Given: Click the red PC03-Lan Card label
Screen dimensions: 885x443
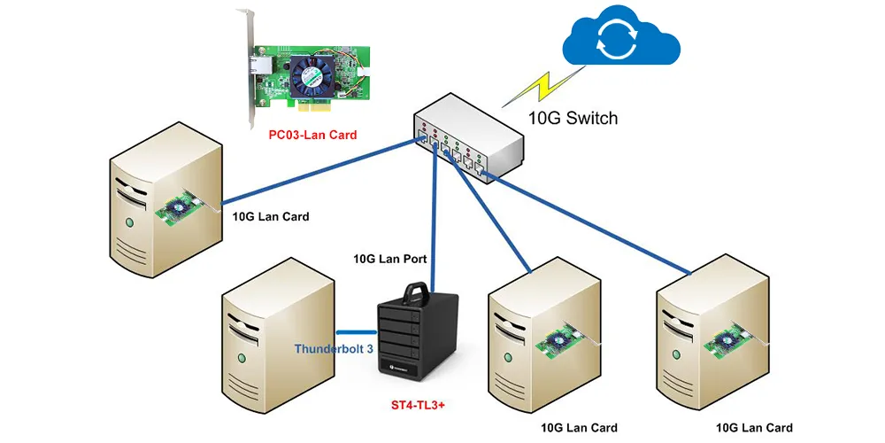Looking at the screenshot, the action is pyautogui.click(x=312, y=135).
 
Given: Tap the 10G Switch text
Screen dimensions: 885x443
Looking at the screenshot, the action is pyautogui.click(x=573, y=118).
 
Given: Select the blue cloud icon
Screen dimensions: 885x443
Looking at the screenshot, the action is pyautogui.click(x=621, y=37).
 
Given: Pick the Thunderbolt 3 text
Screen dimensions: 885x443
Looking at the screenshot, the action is pyautogui.click(x=334, y=348).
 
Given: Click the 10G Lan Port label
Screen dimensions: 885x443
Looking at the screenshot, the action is pyautogui.click(x=390, y=260).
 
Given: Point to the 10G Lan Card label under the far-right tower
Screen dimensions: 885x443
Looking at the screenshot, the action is pyautogui.click(x=754, y=428).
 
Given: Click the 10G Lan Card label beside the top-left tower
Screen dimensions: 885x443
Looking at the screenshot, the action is pyautogui.click(x=271, y=216).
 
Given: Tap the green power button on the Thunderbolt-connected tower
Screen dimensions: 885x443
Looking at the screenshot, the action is pyautogui.click(x=242, y=358).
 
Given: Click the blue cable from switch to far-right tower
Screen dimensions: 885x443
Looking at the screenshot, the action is pyautogui.click(x=587, y=224).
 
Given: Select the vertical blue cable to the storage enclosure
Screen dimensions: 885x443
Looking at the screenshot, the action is pyautogui.click(x=434, y=217).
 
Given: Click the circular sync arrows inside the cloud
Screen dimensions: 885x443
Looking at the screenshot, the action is pyautogui.click(x=619, y=42).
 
